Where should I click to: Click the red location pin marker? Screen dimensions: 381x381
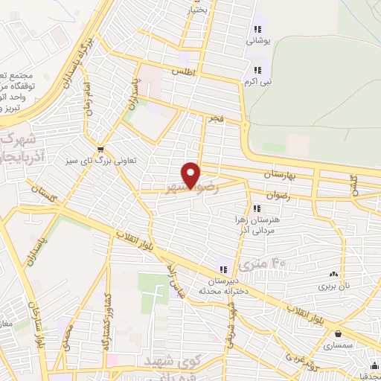[192, 174]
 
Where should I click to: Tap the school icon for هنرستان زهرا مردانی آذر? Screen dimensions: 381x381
[257, 208]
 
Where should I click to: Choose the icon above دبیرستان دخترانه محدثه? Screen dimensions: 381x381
[222, 269]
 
